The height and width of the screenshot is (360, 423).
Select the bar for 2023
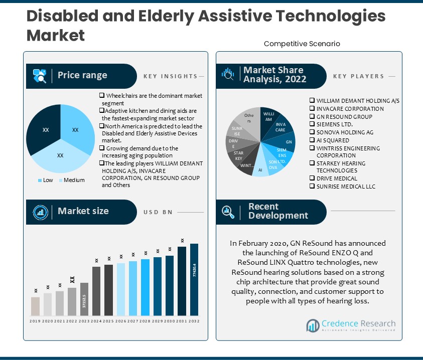84,299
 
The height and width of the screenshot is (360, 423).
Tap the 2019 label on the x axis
35,321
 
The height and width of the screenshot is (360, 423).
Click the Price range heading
82,76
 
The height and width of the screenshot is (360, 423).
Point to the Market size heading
83,211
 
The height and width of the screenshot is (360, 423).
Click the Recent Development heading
278,211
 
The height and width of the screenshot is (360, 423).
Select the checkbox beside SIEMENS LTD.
312,124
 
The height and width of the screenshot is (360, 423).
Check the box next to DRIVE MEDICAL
312,178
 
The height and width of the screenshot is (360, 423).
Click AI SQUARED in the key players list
332,141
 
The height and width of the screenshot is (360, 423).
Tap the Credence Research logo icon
313,326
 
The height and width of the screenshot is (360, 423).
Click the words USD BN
158,212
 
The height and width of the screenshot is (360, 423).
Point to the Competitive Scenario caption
302,44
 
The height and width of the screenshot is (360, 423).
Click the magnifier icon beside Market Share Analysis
228,76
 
